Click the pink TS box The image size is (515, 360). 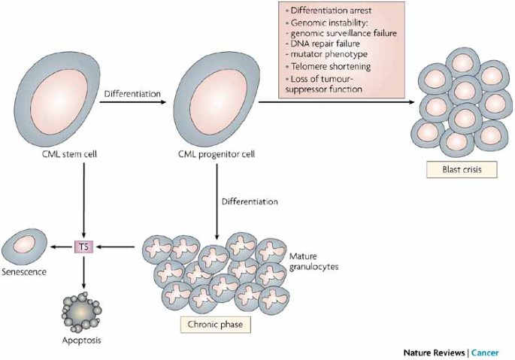83,247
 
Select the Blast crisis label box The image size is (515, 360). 462,170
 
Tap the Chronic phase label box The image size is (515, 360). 216,325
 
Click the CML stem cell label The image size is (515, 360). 70,154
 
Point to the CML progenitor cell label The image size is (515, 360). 217,154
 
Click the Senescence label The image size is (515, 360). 24,272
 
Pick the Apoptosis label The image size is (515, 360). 81,340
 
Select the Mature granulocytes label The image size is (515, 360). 314,261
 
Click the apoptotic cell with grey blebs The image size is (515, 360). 81,312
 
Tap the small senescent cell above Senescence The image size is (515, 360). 24,247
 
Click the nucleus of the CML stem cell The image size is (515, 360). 59,101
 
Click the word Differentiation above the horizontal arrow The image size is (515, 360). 132,94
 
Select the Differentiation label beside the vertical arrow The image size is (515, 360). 250,201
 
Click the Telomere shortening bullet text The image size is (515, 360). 331,66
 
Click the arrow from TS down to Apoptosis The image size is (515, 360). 83,271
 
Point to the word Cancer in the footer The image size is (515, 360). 485,352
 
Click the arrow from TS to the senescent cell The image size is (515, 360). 62,247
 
